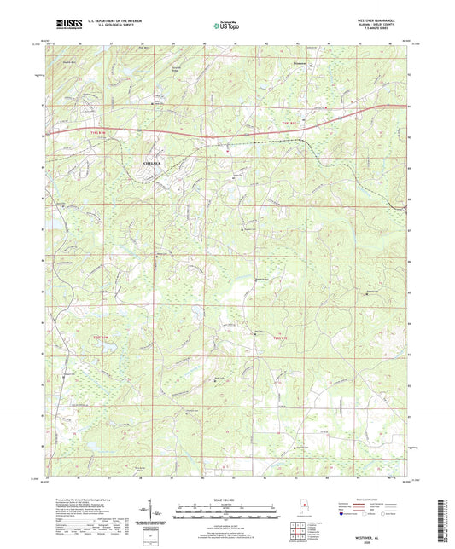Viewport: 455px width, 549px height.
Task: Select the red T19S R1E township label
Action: pyautogui.click(x=292, y=124)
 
